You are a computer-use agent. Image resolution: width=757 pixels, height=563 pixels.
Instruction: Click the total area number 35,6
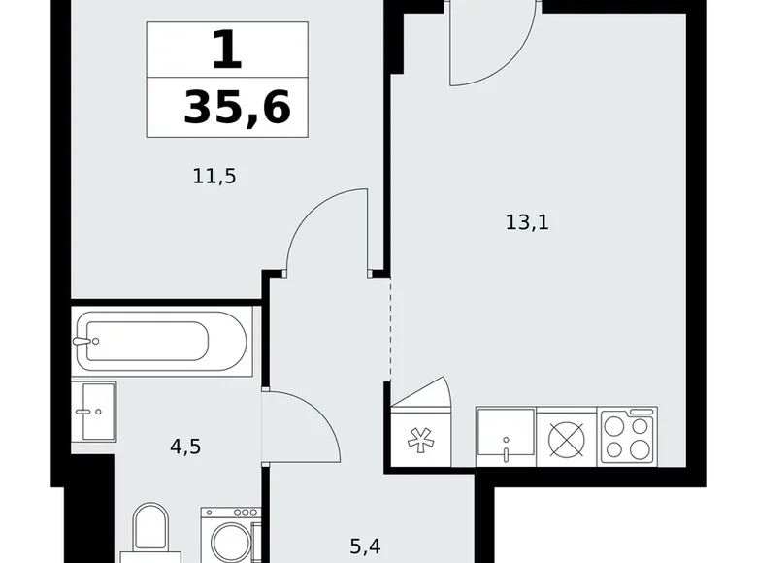click(236, 108)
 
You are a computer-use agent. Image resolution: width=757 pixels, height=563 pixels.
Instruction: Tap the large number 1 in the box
click(226, 49)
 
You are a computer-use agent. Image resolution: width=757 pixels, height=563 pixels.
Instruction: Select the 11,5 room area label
click(214, 177)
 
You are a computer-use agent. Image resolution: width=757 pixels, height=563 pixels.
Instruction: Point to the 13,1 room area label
click(528, 221)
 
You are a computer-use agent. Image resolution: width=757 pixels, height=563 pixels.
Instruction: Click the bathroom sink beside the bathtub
click(95, 411)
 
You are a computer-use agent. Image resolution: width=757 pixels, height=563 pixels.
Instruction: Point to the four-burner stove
click(628, 434)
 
